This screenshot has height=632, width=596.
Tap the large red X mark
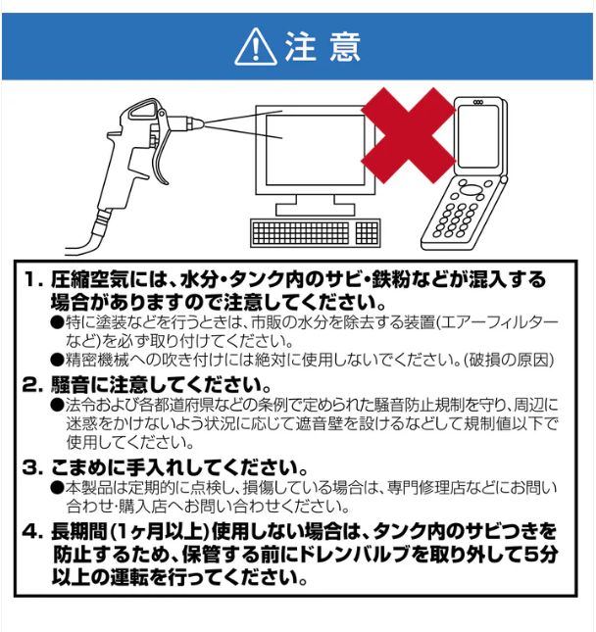pyautogui.click(x=406, y=131)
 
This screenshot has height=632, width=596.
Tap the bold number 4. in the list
pyautogui.click(x=33, y=531)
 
